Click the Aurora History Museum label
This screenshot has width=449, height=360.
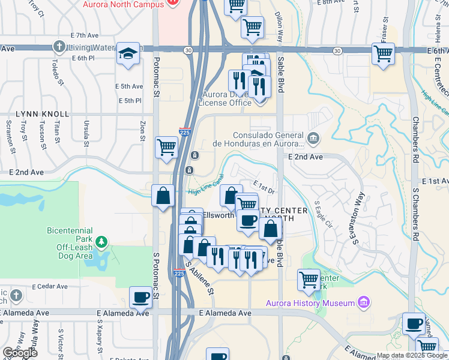311,302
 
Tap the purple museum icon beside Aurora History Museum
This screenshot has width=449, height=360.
363,302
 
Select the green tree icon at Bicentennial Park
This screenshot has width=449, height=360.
102,242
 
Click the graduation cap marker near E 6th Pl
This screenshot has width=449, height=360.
128,54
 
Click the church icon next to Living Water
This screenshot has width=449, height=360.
59,46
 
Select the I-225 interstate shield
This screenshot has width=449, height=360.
185,130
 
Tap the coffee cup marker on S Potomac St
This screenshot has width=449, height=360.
141,297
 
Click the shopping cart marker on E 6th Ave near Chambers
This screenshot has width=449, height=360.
382,54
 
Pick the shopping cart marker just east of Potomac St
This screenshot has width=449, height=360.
166,147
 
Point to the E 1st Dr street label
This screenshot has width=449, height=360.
263,187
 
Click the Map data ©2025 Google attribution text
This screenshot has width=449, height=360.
412,355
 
